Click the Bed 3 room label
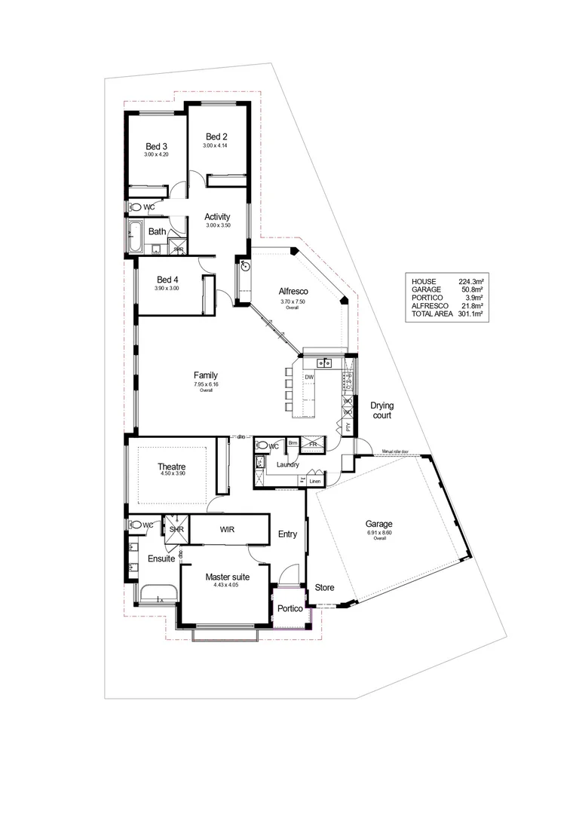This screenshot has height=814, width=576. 156,146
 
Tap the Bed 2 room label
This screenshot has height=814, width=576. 216,136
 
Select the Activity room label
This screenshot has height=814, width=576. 217,217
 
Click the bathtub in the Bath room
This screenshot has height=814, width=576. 136,236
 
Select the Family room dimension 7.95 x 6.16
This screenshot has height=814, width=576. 205,384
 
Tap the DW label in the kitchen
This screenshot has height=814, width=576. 309,377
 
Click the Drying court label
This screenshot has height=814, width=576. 381,410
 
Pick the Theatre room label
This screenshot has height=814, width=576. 172,467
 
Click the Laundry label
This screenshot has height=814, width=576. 288,464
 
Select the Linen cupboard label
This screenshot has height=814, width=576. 314,481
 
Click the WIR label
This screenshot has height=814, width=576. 228,529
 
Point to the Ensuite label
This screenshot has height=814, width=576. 161,559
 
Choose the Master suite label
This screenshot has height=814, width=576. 227,577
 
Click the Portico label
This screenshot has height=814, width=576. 290,608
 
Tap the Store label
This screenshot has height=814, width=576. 324,587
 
